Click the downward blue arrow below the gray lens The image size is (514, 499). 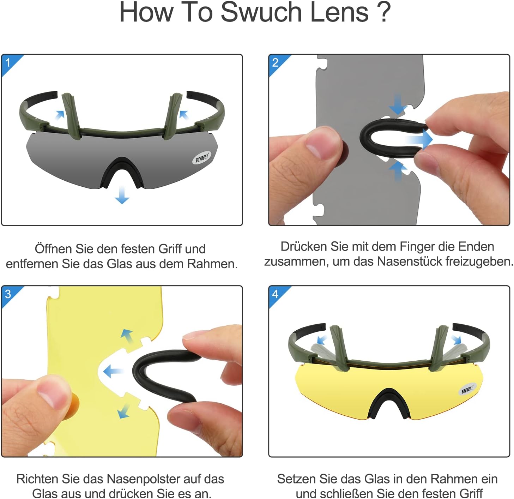122,195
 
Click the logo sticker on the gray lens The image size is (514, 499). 202,158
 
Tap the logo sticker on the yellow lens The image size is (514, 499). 467,389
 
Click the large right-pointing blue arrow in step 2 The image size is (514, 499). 419,139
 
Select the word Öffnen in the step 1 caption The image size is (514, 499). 53,249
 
